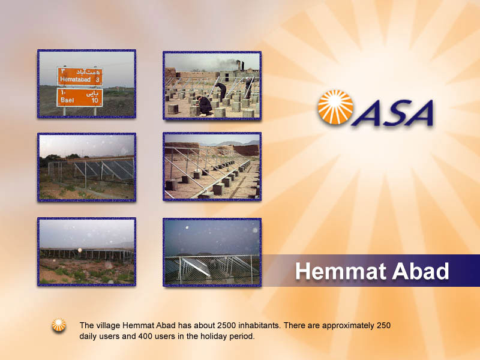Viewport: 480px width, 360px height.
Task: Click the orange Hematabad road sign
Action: tap(80, 76)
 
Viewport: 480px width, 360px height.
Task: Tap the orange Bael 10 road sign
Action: tap(80, 97)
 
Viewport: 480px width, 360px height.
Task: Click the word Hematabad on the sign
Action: tap(76, 80)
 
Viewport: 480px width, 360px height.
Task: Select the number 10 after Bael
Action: tap(95, 100)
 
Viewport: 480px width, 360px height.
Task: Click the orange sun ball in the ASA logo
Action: tap(335, 107)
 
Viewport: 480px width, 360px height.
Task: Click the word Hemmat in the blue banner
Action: tap(340, 271)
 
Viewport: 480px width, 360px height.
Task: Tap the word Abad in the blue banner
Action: tap(421, 271)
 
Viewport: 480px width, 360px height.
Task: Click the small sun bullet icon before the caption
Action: tap(59, 325)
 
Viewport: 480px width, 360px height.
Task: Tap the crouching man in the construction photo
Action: tap(205, 106)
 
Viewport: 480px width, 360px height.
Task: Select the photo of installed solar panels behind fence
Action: tap(86, 167)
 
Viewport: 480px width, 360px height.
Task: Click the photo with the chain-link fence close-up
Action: tap(212, 252)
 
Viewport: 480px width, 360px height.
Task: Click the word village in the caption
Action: tap(109, 325)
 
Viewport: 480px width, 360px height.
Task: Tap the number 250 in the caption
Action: tap(383, 325)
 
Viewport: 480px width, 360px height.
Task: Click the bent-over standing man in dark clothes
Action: tap(221, 92)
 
